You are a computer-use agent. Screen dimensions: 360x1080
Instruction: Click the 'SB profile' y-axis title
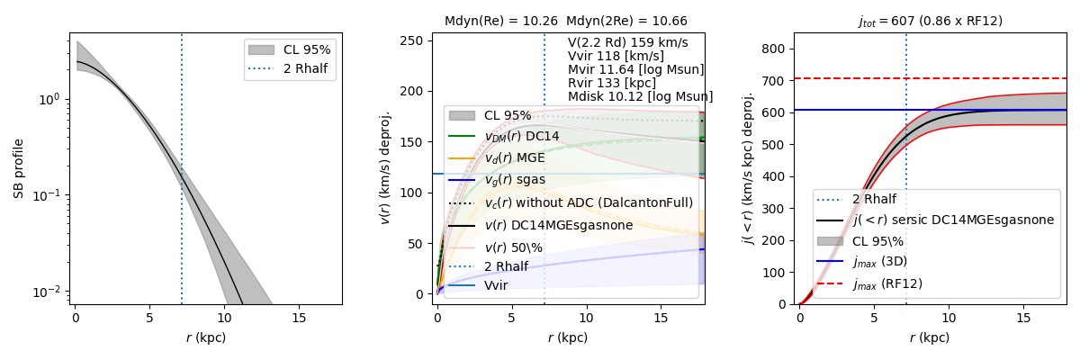[x=18, y=168]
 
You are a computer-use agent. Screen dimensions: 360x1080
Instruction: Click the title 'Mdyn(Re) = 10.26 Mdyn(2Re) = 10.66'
[x=565, y=20]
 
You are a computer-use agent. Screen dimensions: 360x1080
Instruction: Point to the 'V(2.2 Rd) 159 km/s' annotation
[x=627, y=42]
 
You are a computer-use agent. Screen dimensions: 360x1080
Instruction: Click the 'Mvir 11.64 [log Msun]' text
[x=635, y=69]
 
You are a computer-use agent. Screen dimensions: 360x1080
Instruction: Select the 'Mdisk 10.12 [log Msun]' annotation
[x=640, y=96]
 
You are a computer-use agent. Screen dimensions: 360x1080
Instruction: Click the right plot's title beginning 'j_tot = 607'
[x=930, y=20]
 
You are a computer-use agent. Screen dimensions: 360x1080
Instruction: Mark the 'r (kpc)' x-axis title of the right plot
[x=930, y=337]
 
